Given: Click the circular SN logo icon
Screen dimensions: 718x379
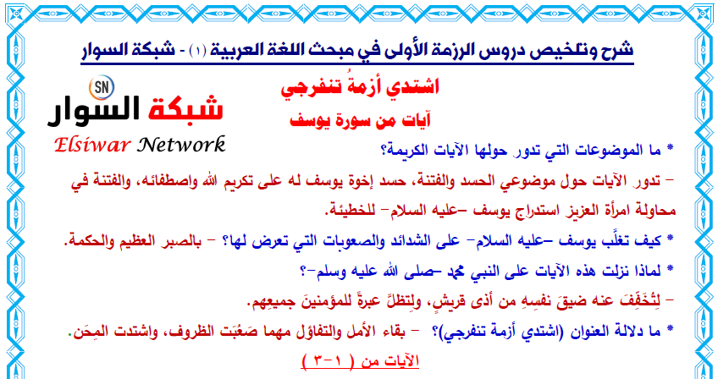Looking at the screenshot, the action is pyautogui.click(x=102, y=88).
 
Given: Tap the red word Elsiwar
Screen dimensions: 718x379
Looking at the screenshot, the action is pyautogui.click(x=92, y=146).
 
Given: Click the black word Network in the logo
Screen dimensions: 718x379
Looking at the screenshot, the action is pyautogui.click(x=182, y=145).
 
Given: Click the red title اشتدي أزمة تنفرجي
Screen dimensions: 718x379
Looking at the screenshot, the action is pyautogui.click(x=360, y=86).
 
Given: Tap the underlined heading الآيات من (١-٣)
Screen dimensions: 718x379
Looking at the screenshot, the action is pyautogui.click(x=360, y=360).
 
